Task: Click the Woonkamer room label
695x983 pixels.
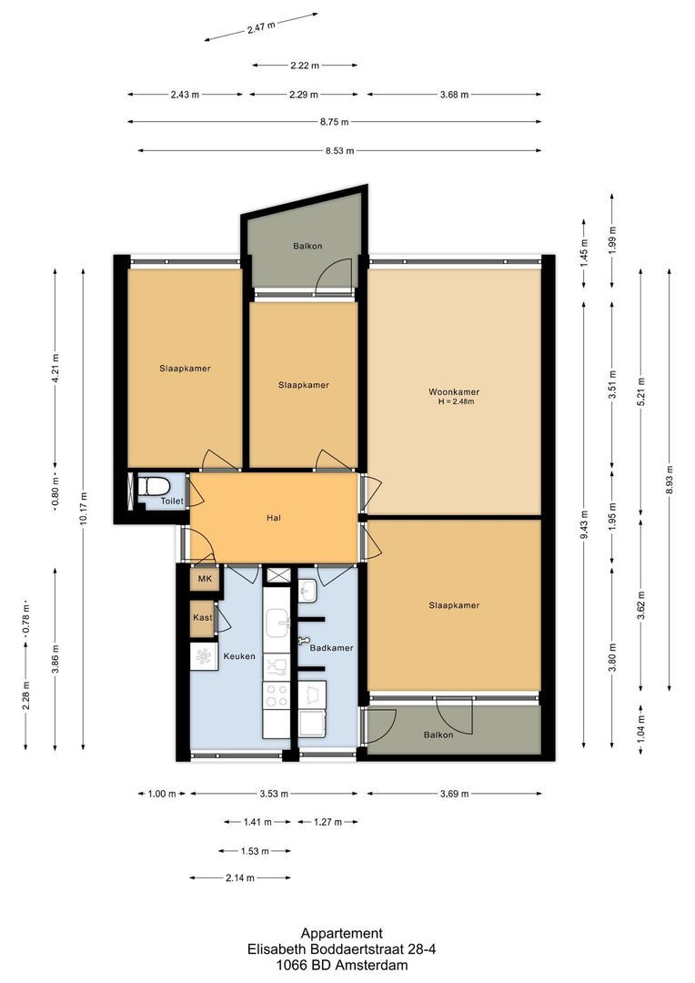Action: tap(454, 391)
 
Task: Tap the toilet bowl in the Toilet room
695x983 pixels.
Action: tap(154, 486)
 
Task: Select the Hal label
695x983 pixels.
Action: tap(273, 518)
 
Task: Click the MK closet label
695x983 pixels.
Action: tap(205, 579)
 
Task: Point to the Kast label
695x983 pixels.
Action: tap(203, 617)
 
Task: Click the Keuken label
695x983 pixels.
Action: tap(239, 656)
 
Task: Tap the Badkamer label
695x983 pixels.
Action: tap(331, 648)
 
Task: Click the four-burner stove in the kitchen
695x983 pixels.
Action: tap(276, 694)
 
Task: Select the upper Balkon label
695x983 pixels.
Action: tap(307, 246)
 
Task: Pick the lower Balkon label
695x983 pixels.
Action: tap(438, 735)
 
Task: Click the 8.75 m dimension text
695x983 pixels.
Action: tap(334, 122)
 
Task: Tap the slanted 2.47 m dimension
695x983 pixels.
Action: tap(261, 27)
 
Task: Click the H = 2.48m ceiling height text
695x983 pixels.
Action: tap(456, 402)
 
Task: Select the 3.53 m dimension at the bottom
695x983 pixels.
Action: tap(274, 794)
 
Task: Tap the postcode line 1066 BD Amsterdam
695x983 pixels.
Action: tap(341, 966)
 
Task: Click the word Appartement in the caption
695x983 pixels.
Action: tap(341, 934)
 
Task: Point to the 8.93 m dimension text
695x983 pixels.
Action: tap(670, 480)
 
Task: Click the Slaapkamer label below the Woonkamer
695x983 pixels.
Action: tap(454, 605)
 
